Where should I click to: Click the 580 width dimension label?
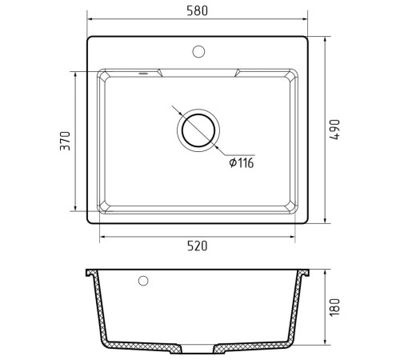197,10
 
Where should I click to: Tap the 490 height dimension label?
334,130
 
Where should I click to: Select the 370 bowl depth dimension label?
65,141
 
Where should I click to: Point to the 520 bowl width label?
197,246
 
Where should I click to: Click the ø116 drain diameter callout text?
242,162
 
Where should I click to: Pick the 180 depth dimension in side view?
334,307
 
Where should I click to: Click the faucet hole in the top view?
198,51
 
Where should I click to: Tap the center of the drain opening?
198,130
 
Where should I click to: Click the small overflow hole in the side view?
143,281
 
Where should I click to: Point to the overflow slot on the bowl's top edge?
143,73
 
